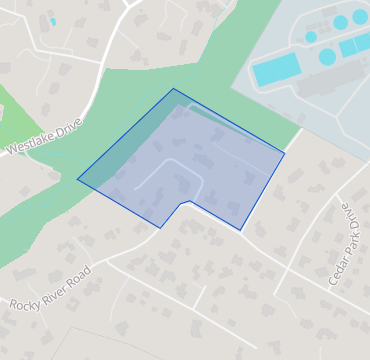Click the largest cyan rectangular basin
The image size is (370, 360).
[x=276, y=69]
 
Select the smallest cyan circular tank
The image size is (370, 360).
[x=311, y=37]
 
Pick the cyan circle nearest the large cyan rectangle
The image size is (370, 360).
[x=327, y=57]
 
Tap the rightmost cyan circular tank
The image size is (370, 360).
[x=359, y=17]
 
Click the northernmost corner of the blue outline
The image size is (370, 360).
[x=173, y=89]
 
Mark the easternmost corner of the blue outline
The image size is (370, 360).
[x=284, y=153]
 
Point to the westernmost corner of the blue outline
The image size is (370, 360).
[x=78, y=179]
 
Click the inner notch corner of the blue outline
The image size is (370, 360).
[x=185, y=203]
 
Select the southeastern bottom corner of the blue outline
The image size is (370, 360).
[x=240, y=231]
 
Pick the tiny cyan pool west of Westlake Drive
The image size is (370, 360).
[x=53, y=21]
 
